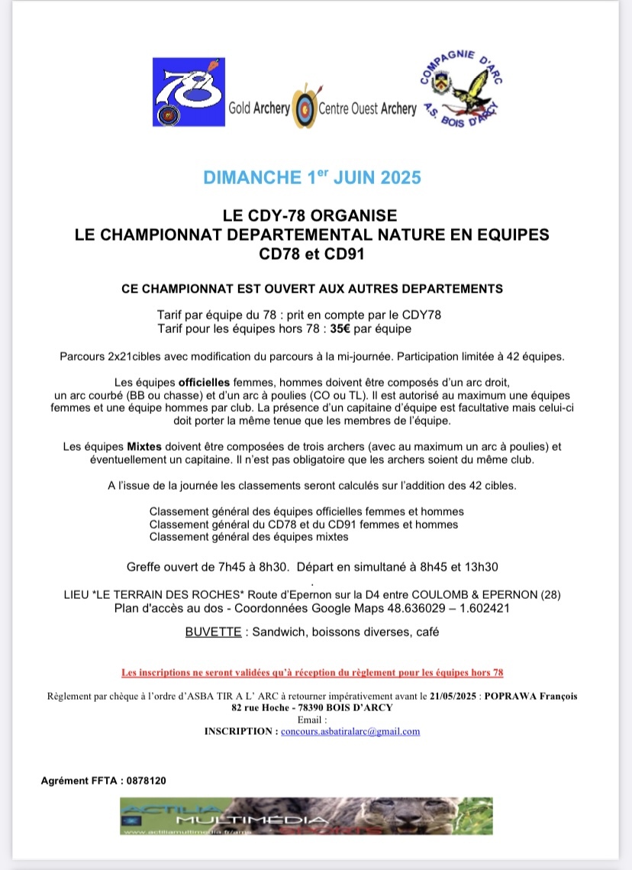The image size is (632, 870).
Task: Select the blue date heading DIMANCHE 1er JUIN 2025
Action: pyautogui.click(x=312, y=178)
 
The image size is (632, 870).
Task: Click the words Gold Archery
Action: pyautogui.click(x=260, y=108)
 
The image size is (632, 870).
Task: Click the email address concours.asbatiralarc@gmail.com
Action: pyautogui.click(x=350, y=731)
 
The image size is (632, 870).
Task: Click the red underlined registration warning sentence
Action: pyautogui.click(x=312, y=672)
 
